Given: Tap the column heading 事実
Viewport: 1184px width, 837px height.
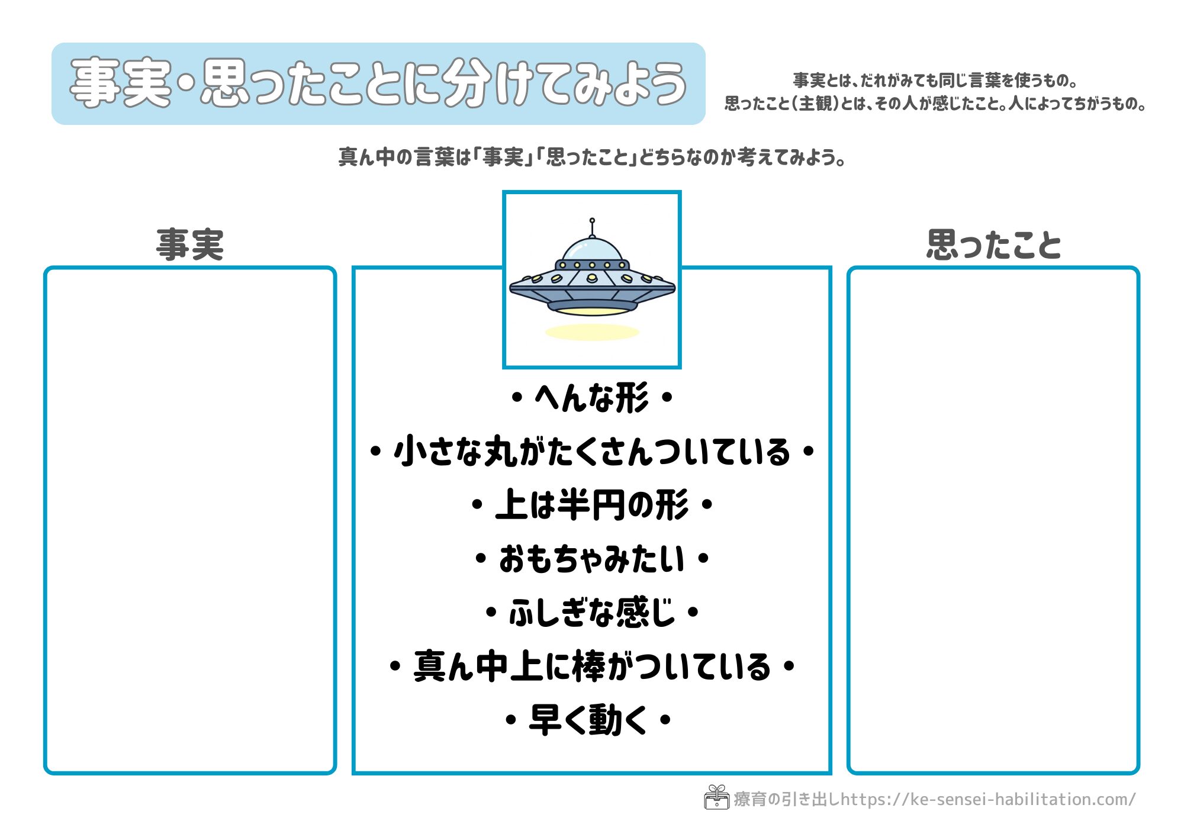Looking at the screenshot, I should [x=190, y=244].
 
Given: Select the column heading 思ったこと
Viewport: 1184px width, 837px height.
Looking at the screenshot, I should [x=993, y=244].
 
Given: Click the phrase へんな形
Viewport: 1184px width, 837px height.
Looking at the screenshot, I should [x=591, y=398].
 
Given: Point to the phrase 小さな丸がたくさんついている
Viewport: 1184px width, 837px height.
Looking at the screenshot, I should [x=591, y=452].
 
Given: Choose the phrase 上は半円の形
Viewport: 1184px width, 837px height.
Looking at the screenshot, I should [x=591, y=506].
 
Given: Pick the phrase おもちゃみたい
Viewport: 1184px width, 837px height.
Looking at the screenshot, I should [x=591, y=559].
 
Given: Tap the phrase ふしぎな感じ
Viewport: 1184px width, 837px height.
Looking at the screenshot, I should [x=591, y=613].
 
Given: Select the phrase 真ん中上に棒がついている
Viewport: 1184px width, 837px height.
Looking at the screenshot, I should [x=591, y=667].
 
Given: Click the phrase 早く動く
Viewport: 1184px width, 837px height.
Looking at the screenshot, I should [x=588, y=720].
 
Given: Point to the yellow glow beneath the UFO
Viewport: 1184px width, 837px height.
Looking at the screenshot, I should [x=592, y=331].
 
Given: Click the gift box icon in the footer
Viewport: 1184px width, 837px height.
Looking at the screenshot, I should [x=716, y=797].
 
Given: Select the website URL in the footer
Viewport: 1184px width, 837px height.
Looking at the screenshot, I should [x=987, y=800].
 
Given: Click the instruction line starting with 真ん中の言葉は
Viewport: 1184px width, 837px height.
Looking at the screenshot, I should [x=591, y=157].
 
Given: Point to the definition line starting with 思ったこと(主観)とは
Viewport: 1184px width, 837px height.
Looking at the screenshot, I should [x=935, y=104].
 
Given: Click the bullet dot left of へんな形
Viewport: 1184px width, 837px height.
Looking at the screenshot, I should [x=517, y=398].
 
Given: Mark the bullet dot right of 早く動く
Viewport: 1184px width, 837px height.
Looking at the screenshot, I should [x=665, y=720].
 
